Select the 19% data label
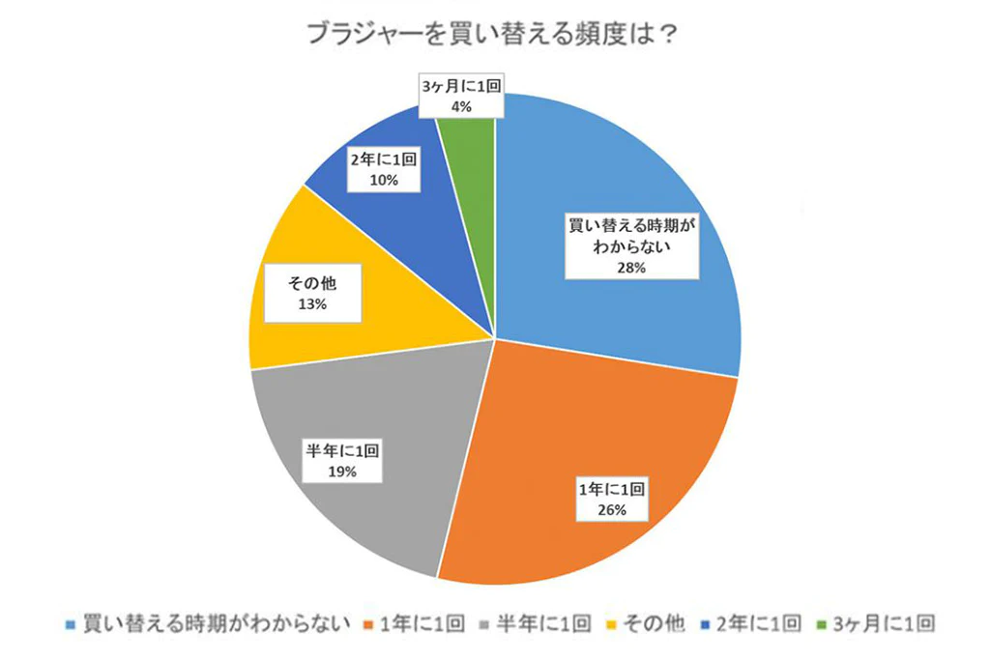click(342, 471)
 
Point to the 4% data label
click(461, 107)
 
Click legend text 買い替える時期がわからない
click(214, 624)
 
